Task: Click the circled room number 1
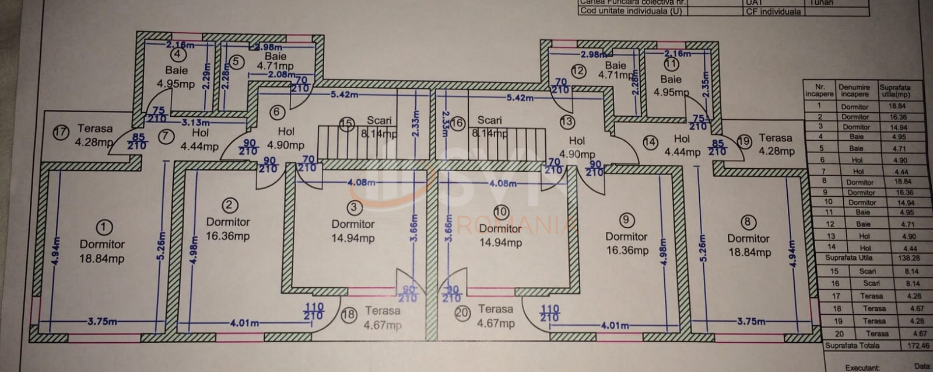(x=104, y=227)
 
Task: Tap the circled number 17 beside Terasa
(x=61, y=132)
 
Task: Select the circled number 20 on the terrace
(x=462, y=313)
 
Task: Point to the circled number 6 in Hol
(x=277, y=112)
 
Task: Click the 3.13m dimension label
(x=195, y=123)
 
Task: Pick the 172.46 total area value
(x=918, y=346)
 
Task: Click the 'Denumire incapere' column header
(x=854, y=91)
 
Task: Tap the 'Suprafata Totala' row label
(x=852, y=346)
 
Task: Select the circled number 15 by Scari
(x=347, y=123)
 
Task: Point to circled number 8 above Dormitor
(x=747, y=222)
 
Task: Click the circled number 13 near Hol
(x=567, y=121)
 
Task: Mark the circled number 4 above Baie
(x=177, y=54)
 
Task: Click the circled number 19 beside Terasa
(x=744, y=141)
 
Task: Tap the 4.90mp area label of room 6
(x=285, y=145)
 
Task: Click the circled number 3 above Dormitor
(x=353, y=207)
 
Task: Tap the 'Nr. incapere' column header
(x=819, y=91)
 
